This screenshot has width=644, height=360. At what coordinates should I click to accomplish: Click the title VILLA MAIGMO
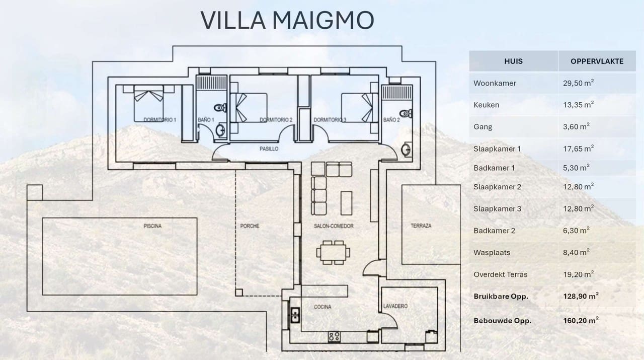tap(287, 20)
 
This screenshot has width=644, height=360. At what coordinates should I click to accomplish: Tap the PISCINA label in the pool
tap(152, 226)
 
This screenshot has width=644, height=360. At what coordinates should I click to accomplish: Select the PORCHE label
tap(250, 226)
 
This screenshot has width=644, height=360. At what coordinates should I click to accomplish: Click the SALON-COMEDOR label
tap(333, 226)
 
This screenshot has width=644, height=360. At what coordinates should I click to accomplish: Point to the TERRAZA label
tap(421, 226)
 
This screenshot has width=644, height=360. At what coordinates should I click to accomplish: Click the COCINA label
tap(323, 307)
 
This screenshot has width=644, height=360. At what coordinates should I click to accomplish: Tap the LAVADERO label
tap(395, 306)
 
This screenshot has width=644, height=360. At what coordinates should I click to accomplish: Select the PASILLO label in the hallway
tap(269, 149)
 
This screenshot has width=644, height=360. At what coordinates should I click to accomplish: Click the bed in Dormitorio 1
tap(148, 103)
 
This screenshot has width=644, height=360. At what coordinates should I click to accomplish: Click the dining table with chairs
tap(333, 252)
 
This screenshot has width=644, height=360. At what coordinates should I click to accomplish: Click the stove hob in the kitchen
tap(334, 336)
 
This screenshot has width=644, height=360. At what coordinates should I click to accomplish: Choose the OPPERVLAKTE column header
tap(597, 61)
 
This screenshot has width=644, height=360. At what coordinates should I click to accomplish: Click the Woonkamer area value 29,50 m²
tap(578, 83)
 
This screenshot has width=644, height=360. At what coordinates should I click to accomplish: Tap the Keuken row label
tap(486, 105)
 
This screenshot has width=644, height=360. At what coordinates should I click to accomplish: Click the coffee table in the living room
tap(347, 202)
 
